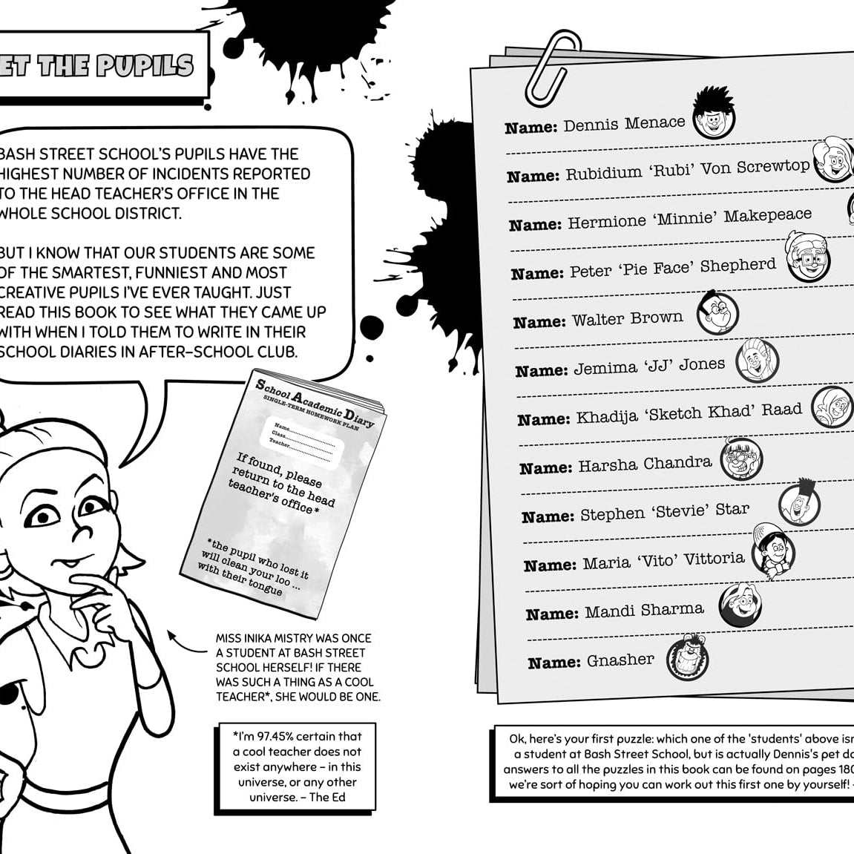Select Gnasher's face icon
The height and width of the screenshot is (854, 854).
(687, 656)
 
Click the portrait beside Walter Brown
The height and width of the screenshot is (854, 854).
(718, 312)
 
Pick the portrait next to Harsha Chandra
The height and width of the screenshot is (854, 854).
(740, 459)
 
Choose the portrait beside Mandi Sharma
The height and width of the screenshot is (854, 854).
(740, 605)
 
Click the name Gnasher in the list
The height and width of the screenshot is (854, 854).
(620, 660)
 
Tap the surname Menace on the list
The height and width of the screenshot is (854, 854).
(655, 123)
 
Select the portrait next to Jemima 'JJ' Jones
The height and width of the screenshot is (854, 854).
(757, 361)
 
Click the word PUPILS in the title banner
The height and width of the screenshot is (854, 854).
(145, 66)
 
